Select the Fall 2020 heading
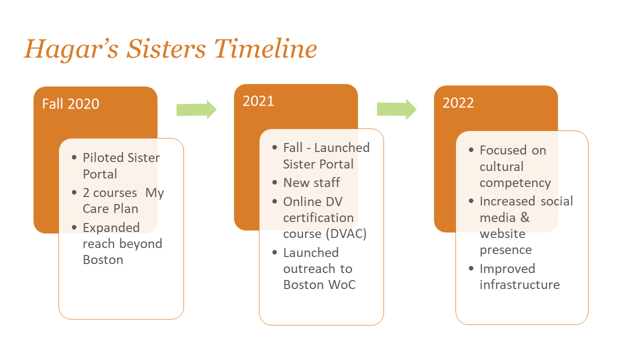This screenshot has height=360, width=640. pyautogui.click(x=70, y=103)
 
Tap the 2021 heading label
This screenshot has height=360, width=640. pyautogui.click(x=258, y=101)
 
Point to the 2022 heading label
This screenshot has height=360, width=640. pyautogui.click(x=458, y=102)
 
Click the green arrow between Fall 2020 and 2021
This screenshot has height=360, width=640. pyautogui.click(x=196, y=109)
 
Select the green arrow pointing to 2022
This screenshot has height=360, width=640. pyautogui.click(x=396, y=109)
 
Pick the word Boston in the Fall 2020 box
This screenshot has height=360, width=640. pyautogui.click(x=103, y=260)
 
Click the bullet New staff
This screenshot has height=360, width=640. pyautogui.click(x=311, y=182)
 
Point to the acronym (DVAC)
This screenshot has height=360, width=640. pyautogui.click(x=345, y=234)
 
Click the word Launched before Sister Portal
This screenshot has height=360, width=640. pyautogui.click(x=342, y=147)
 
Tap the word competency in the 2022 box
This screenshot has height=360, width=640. pyautogui.click(x=515, y=183)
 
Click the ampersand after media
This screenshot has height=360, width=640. pyautogui.click(x=524, y=217)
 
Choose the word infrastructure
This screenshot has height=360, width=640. pyautogui.click(x=519, y=284)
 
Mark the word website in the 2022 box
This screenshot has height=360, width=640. pyautogui.click(x=502, y=233)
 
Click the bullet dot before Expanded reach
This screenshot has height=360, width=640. pyautogui.click(x=74, y=228)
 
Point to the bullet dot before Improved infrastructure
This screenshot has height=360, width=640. pyautogui.click(x=471, y=269)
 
